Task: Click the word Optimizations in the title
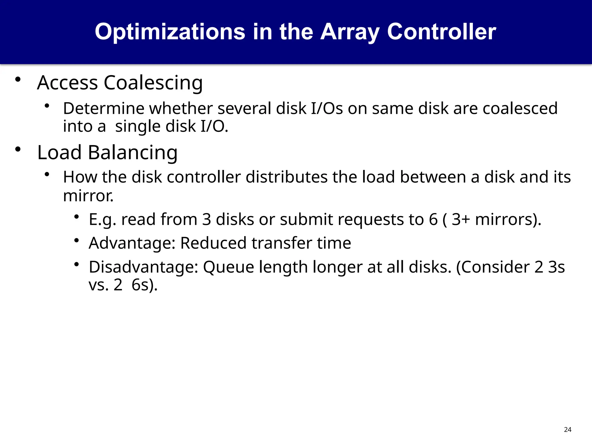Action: [170, 32]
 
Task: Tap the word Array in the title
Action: [350, 32]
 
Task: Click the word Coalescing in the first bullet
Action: [153, 83]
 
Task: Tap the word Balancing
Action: [133, 152]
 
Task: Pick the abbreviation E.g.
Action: [103, 219]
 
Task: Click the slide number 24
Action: [567, 430]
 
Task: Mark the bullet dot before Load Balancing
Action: [18, 149]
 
